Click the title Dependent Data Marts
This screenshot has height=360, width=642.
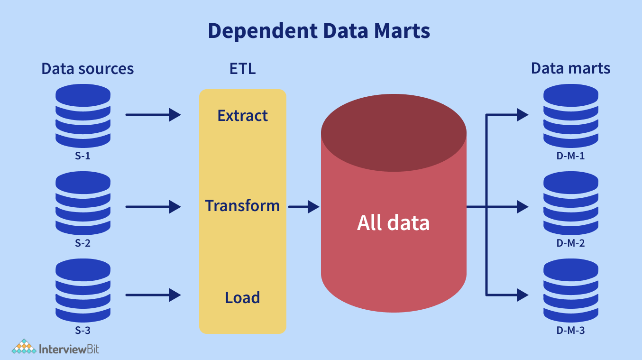[319, 31]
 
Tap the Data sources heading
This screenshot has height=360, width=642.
[87, 69]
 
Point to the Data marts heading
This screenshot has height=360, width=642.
[570, 68]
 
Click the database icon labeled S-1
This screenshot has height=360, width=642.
[83, 116]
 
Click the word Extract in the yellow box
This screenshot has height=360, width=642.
[242, 116]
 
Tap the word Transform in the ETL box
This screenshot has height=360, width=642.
[242, 206]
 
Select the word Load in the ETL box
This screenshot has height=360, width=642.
[242, 298]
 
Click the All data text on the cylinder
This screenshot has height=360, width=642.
[393, 222]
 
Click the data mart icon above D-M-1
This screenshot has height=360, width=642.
[570, 116]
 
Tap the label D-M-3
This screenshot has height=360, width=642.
[570, 331]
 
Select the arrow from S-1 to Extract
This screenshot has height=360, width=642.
[153, 115]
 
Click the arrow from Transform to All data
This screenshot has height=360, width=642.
[303, 207]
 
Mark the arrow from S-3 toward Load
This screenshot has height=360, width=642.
[153, 295]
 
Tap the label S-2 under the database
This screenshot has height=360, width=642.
[83, 244]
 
